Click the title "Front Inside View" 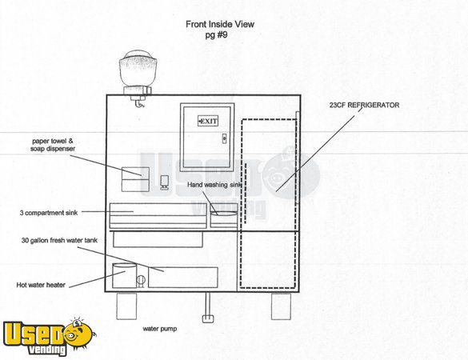(220, 24)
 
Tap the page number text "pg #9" (216, 35)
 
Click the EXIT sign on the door (208, 121)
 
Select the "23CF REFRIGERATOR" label (364, 105)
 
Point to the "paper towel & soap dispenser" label (53, 145)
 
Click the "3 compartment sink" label (49, 213)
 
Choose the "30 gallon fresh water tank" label (59, 241)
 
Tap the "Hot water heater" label (41, 285)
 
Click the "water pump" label (160, 329)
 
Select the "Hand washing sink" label (214, 185)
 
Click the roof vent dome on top (138, 68)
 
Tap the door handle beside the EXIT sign (224, 138)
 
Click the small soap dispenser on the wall (164, 182)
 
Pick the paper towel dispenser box (135, 179)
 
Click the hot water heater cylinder (125, 275)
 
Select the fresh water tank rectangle (183, 278)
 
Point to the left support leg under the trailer (126, 306)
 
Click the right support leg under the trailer (281, 306)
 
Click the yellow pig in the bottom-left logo (79, 334)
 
